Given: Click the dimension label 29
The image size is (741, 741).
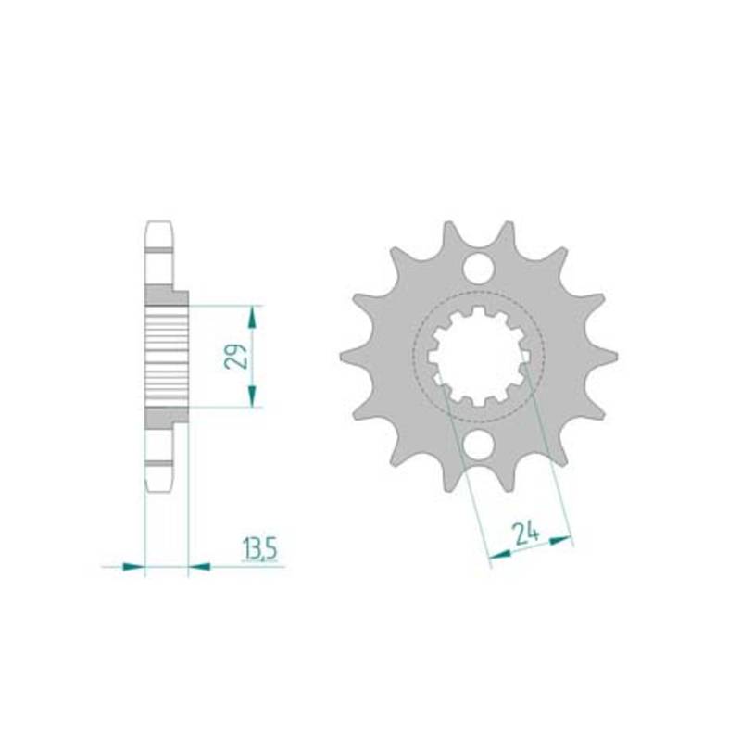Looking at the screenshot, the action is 235,357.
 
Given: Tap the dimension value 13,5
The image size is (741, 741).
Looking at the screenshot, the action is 259,549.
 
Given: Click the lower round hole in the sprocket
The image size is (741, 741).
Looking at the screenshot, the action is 478,446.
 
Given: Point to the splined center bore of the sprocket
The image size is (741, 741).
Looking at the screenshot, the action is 478,357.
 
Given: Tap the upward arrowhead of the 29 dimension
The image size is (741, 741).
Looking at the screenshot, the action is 252,317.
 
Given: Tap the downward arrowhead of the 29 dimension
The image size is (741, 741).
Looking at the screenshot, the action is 252,396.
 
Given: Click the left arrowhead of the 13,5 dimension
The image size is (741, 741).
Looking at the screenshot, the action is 133,566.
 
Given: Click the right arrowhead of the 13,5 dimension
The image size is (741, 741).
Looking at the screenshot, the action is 199,566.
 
